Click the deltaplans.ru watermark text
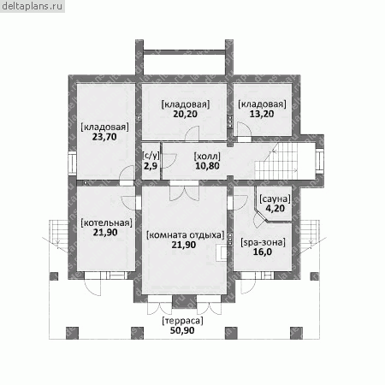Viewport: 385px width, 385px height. point(32,6)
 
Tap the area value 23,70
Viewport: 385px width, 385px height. point(104,137)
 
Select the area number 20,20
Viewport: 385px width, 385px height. point(186,114)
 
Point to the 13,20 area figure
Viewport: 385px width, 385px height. point(262,114)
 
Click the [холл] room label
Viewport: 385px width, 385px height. point(207,157)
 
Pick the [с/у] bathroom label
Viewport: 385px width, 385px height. point(151,156)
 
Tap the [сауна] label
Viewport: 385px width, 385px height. point(275,198)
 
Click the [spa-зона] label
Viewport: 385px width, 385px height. point(263,243)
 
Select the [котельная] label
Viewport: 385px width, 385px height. point(106,222)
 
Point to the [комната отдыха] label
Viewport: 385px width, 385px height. point(186,235)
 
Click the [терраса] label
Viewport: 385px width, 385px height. point(182,321)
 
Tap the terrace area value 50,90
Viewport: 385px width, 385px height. point(182,330)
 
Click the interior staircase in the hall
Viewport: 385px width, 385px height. point(276,161)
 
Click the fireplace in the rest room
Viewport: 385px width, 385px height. point(222,252)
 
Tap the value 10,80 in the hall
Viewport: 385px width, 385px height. point(207,166)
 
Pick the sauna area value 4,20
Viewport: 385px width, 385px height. point(275,209)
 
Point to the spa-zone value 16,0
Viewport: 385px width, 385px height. point(263,252)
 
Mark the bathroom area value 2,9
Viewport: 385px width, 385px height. point(151,166)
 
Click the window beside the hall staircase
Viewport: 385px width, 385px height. point(320,161)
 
